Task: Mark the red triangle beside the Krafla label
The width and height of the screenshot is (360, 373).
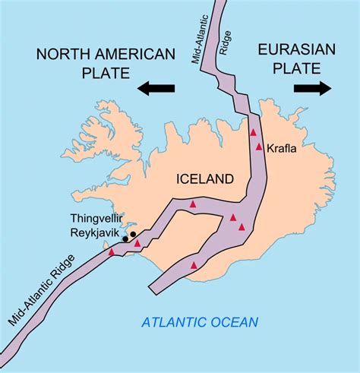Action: pos(260,146)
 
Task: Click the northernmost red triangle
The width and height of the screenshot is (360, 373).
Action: pos(254,132)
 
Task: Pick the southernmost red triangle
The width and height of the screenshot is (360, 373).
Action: pos(194,265)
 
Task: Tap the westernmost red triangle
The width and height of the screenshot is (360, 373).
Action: pos(112,251)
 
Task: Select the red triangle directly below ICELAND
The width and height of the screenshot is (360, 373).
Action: pos(193,204)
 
